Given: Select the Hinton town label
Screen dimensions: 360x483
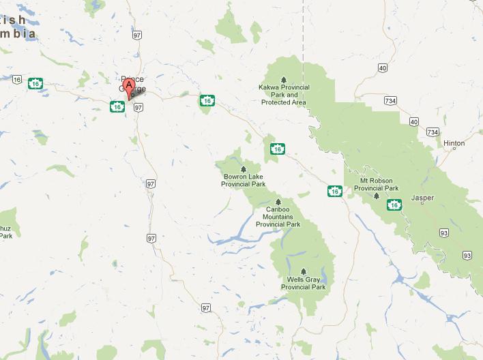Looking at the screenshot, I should tap(454, 143).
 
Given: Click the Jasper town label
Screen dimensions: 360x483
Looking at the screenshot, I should tap(422, 198).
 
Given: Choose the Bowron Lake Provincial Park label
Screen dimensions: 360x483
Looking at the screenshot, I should tap(244, 181).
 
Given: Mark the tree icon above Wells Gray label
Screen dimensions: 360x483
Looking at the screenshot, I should tap(304, 270).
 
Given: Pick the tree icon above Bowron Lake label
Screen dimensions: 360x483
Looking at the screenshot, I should tap(243, 168).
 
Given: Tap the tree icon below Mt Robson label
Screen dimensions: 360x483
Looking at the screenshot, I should tap(376, 196).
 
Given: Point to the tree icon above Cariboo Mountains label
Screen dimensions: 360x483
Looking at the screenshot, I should tap(278, 201).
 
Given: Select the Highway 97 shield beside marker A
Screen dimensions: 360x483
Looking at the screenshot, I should tap(138, 107).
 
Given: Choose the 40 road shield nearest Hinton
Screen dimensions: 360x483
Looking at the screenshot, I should tap(414, 121).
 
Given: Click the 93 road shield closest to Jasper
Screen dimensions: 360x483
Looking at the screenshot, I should tap(444, 232).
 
